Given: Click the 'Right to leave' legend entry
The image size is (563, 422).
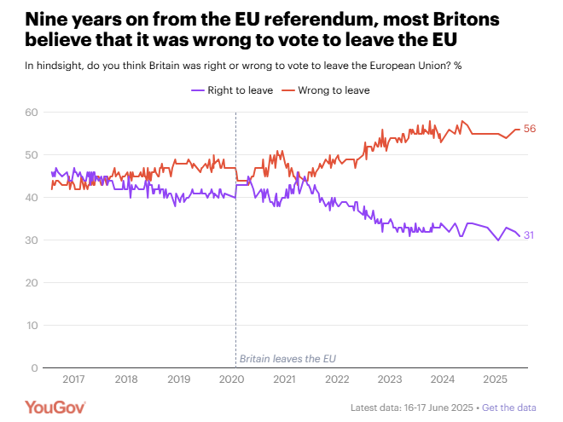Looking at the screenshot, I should [x=232, y=90].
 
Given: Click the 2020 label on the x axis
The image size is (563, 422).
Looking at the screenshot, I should [x=230, y=379].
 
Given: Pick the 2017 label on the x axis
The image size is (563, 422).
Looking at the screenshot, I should [x=73, y=379].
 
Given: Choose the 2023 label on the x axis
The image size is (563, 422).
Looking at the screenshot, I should [x=388, y=379].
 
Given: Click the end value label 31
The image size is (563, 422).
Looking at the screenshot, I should [x=528, y=235].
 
